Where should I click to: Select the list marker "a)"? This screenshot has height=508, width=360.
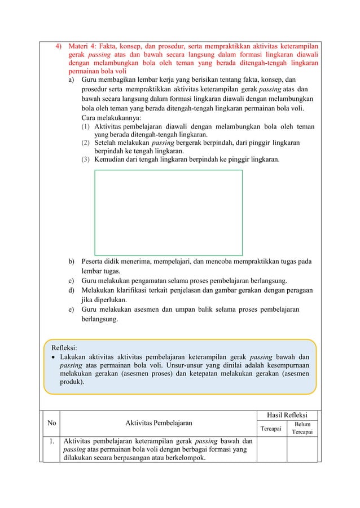72,81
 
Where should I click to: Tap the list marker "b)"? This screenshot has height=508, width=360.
72,262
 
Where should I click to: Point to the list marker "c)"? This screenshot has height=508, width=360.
72,280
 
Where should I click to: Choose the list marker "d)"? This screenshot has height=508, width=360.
72,290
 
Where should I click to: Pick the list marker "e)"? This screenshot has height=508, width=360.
72,310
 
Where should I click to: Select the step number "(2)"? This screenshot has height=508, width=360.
87,143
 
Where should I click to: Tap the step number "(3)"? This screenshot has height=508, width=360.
87,160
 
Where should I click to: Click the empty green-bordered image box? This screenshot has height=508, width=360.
168,213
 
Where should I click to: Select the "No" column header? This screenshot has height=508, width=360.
51,422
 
